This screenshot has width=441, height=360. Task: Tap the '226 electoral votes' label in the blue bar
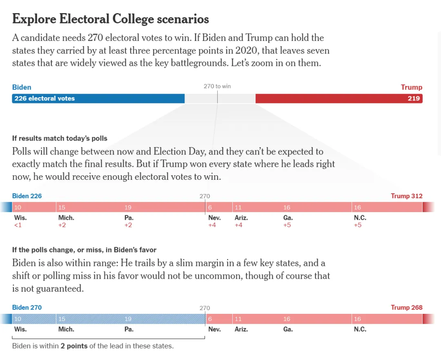pos(45,98)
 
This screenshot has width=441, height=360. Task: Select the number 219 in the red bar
pos(414,98)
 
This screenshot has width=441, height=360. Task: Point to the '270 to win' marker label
pos(217,86)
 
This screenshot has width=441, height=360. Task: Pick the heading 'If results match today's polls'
pos(60,139)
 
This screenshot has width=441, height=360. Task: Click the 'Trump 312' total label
pos(406,196)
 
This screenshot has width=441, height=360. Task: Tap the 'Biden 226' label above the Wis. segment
pos(27,196)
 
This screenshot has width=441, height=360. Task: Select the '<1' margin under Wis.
pos(18,225)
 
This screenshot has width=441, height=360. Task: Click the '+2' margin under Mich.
pos(62,225)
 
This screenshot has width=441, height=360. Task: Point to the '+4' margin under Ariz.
pos(238,225)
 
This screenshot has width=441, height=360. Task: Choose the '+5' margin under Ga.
pos(287,225)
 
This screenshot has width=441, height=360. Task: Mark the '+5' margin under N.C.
pos(357,225)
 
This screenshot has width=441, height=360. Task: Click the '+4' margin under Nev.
pos(212,225)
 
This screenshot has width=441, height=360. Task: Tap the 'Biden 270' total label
pos(27,308)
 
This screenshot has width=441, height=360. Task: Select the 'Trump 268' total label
pos(406,308)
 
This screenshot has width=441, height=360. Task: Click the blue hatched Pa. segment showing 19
pos(163,319)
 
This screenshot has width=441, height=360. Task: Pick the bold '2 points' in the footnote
pos(74,346)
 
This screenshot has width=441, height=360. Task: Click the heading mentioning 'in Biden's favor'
pos(84,250)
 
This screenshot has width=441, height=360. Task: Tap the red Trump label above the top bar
pos(411,87)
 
